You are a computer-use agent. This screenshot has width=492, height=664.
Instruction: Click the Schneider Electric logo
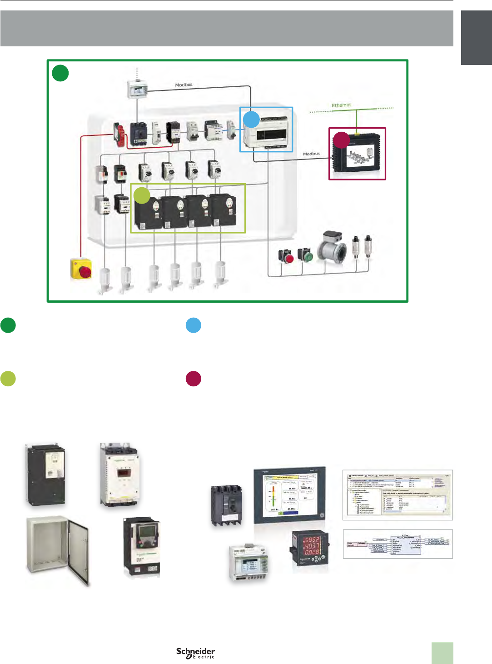tap(196, 653)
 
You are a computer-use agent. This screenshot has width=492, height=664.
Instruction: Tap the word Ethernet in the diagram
tap(341, 105)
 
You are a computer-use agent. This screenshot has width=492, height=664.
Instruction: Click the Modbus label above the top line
tap(184, 85)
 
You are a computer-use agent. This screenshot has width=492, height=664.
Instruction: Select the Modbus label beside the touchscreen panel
tap(312, 154)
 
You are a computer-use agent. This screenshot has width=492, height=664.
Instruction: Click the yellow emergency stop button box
tap(81, 269)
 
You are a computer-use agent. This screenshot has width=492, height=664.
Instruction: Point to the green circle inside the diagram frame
tap(60, 73)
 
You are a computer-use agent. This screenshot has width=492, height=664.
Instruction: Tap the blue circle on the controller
tap(251, 119)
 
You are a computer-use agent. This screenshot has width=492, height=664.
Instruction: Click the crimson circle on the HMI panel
tap(341, 140)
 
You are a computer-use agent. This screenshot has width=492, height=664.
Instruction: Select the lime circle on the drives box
tap(142, 195)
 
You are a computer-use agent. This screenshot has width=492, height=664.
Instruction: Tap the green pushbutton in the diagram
tap(306, 255)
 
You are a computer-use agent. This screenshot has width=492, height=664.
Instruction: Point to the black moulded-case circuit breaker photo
tap(226, 505)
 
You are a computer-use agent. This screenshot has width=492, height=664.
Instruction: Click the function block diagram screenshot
tap(398, 544)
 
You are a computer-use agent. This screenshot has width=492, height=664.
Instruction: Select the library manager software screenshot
tap(398, 495)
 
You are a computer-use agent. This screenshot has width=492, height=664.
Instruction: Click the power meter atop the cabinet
tap(137, 89)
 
